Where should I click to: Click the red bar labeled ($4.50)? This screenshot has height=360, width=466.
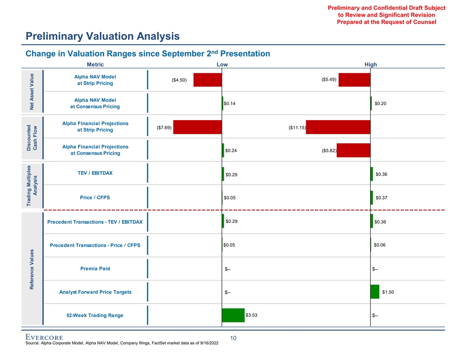pos(207,80)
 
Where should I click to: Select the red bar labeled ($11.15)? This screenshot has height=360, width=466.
pos(338,127)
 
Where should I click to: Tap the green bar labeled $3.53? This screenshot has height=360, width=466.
pos(233,315)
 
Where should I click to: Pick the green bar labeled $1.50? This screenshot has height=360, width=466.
pos(375,292)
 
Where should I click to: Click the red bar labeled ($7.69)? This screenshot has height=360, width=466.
pos(197,127)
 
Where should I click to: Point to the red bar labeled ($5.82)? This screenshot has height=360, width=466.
pos(353,150)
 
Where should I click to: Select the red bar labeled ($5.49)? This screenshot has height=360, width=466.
pos(354,80)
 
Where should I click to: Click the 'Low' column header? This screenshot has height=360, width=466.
pos(222,64)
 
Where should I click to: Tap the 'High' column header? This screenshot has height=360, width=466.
pos(371,64)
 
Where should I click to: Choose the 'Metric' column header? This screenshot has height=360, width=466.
pos(95,64)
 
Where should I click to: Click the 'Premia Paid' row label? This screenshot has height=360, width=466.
pos(95,268)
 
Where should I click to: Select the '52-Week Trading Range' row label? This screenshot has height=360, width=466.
pos(95,315)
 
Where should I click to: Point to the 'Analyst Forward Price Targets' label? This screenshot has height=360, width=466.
pos(95,292)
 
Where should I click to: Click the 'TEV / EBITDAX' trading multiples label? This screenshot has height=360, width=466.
pos(95,173)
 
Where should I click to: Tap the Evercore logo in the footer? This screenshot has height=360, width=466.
pos(44,338)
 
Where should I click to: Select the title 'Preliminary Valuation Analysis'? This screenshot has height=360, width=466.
pos(102,36)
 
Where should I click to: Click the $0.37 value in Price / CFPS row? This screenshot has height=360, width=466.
pos(381,198)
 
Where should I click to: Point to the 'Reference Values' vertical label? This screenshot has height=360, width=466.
pos(32,269)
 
